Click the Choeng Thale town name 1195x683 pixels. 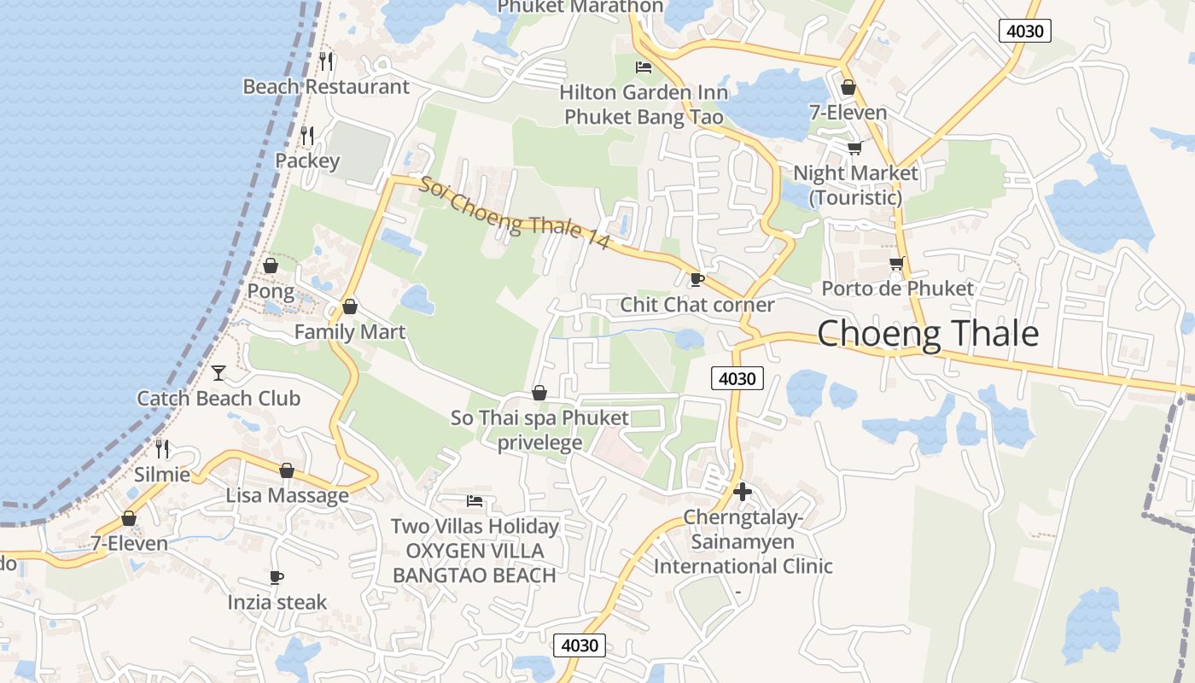pyautogui.click(x=928, y=334)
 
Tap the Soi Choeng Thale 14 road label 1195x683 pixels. pyautogui.click(x=514, y=213)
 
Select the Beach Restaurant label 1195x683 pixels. pyautogui.click(x=326, y=87)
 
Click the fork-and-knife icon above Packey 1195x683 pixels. pyautogui.click(x=307, y=135)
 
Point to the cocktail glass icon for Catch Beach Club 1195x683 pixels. pyautogui.click(x=219, y=372)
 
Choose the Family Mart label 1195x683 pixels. pyautogui.click(x=349, y=331)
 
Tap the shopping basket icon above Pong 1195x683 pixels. pyautogui.click(x=271, y=266)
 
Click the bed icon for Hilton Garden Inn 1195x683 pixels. pyautogui.click(x=644, y=67)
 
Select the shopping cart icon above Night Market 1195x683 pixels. pyautogui.click(x=854, y=148)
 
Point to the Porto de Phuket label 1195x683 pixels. pyautogui.click(x=897, y=289)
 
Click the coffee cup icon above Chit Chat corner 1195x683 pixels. pyautogui.click(x=697, y=279)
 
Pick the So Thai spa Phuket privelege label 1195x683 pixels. pyautogui.click(x=539, y=430)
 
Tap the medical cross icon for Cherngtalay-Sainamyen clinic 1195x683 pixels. pyautogui.click(x=743, y=491)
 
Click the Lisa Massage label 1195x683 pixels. pyautogui.click(x=287, y=495)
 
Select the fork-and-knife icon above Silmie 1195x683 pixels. pyautogui.click(x=162, y=447)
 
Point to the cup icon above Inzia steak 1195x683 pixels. pyautogui.click(x=276, y=577)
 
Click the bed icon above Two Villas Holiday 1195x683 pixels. pyautogui.click(x=475, y=500)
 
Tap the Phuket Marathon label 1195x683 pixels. pyautogui.click(x=580, y=7)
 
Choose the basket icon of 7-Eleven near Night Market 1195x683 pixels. pyautogui.click(x=848, y=87)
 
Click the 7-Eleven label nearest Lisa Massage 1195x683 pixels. pyautogui.click(x=129, y=543)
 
